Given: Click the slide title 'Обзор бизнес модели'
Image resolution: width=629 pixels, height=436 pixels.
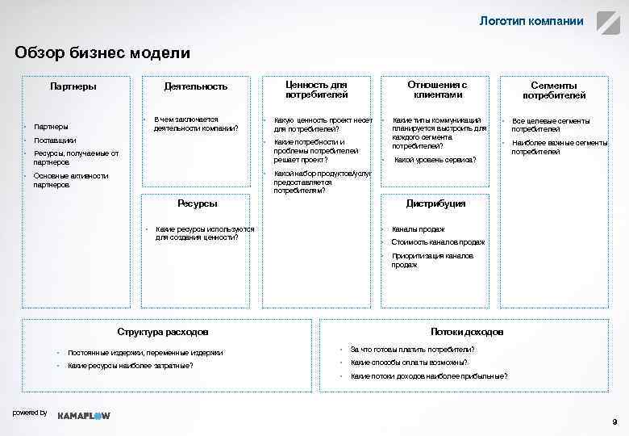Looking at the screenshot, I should point(102,53).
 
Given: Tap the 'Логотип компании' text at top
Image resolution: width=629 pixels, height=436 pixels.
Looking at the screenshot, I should point(531,21).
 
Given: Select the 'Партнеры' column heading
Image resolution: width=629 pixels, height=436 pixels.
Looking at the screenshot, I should point(73,86).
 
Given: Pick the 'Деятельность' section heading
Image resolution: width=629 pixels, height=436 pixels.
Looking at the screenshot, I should point(196,86).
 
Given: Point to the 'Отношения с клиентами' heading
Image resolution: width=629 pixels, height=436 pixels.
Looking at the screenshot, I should point(437,89).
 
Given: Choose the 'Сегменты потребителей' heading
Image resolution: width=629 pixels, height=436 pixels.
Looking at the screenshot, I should point(553,90).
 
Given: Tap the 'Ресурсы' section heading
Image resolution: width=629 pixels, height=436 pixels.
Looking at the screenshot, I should point(197,203).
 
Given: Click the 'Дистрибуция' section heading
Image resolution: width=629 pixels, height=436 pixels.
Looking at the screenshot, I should point(435,203).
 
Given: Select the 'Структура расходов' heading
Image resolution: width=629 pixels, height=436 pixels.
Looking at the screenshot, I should point(163,332).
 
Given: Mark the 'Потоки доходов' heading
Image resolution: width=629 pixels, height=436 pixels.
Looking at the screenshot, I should point(467,332).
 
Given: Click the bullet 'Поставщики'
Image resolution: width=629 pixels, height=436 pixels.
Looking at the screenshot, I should point(56,140).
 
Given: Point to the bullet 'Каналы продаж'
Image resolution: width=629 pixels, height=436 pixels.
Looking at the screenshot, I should point(418,229).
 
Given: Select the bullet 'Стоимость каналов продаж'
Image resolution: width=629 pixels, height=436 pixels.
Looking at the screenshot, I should point(438,242).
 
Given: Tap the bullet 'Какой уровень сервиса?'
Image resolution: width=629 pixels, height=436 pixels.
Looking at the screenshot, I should point(435,160).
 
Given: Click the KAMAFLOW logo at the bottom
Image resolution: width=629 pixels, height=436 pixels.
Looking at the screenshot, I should point(84,415).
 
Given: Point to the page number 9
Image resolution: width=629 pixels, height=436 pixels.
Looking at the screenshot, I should point(614,422).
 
